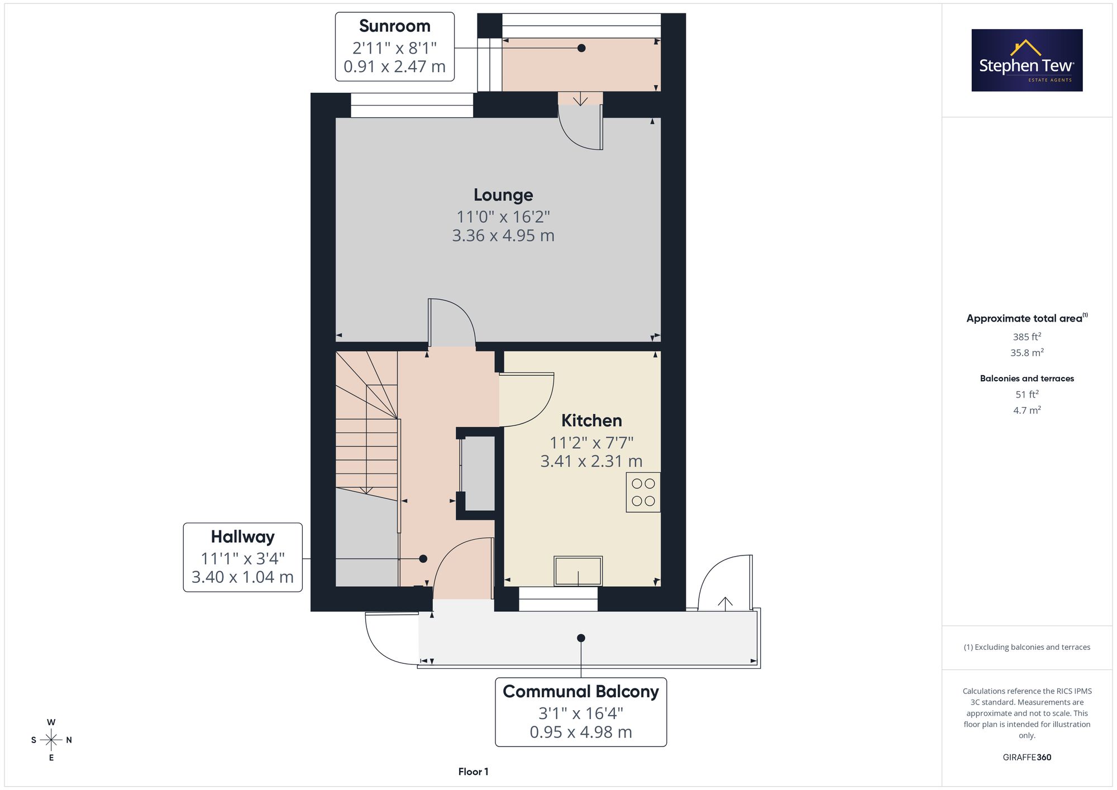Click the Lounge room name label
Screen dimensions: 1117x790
tap(503, 195)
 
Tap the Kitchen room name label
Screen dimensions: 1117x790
tap(591, 420)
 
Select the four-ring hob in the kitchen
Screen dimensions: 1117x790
tap(643, 492)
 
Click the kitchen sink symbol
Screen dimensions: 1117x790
tap(578, 571)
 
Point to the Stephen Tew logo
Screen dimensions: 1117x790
tap(1027, 60)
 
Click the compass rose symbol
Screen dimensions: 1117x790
tap(51, 740)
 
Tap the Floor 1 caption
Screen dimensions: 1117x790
tap(473, 772)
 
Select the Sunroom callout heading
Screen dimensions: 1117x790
tap(395, 26)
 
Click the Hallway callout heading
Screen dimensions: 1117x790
tap(243, 537)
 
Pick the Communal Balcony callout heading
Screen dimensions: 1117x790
tap(581, 692)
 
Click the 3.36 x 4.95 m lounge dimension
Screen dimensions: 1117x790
tap(503, 236)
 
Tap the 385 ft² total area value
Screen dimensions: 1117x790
tap(1027, 337)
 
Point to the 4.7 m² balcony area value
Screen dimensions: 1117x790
tap(1027, 410)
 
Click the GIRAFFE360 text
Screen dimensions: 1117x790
tap(1027, 758)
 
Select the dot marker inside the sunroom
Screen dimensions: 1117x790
tap(581, 48)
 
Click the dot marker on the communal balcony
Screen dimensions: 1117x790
tap(581, 638)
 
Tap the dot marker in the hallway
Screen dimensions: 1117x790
tap(423, 559)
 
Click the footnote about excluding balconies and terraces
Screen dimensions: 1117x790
tap(1027, 647)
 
